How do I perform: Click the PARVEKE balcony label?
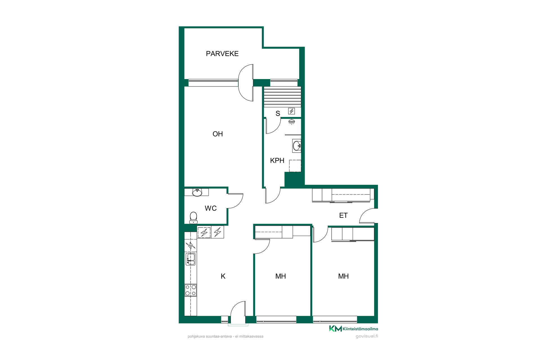(222, 53)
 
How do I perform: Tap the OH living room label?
(218, 134)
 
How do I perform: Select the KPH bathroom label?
(277, 161)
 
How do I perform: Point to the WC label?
(211, 208)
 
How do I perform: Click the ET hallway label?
(343, 215)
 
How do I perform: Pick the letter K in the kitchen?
(223, 276)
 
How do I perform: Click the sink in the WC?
(197, 192)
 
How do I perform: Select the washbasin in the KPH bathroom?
(297, 146)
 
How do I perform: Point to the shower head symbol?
(292, 122)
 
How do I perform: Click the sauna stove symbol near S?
(292, 111)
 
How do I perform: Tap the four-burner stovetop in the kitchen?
(191, 290)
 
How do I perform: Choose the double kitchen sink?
(191, 259)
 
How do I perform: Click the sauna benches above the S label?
(283, 97)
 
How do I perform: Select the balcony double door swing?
(246, 83)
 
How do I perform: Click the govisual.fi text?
(367, 336)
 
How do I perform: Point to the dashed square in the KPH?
(295, 166)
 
